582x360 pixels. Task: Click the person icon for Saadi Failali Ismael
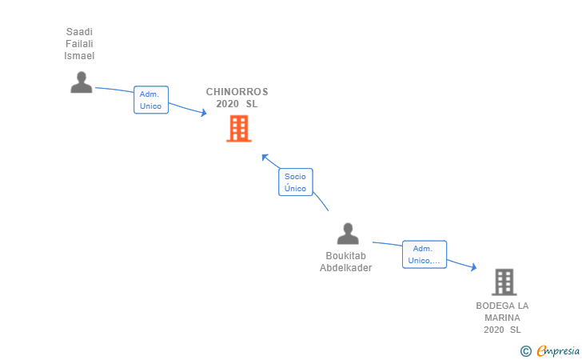pos(82,82)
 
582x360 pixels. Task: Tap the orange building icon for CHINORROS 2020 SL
pos(239,129)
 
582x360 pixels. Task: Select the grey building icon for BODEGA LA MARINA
pos(504,282)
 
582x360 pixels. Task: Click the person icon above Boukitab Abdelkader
pos(348,234)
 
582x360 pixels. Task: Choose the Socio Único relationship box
pos(296,182)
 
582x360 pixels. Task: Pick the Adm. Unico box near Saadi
pos(151,100)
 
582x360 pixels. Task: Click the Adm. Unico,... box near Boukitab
pos(425,254)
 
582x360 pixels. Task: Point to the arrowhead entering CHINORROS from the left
pos(204,112)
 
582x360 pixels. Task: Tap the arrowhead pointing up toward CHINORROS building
pos(265,157)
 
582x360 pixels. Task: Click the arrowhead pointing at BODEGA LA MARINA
pos(473,266)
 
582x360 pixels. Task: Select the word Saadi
pos(79,31)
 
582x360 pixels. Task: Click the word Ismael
pos(79,56)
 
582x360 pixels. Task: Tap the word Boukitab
pos(346,256)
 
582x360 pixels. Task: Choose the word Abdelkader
pos(346,267)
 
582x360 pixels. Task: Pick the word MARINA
pos(502,318)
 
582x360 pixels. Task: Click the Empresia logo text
pos(558,350)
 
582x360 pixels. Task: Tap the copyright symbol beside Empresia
pos(526,351)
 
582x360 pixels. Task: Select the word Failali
pos(79,44)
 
